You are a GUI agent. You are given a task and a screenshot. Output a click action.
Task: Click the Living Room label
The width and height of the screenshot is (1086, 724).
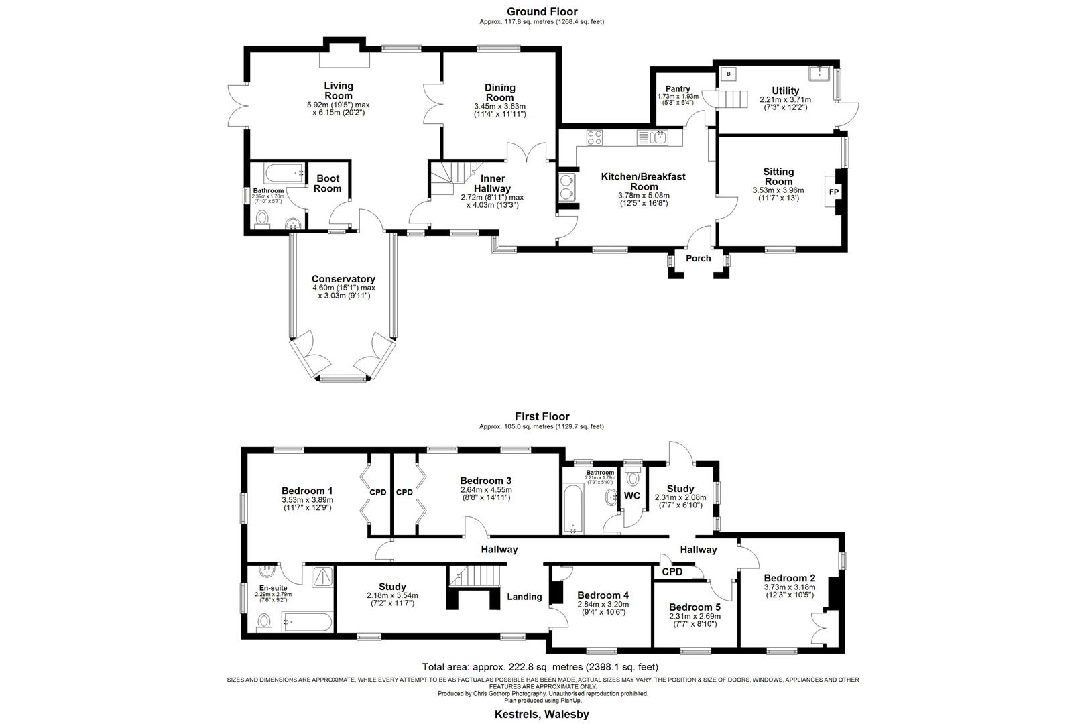[338, 90]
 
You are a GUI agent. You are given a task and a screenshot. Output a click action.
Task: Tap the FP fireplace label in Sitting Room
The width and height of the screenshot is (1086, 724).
[834, 192]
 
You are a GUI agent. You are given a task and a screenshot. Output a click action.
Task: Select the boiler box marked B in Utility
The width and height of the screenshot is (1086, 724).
[728, 74]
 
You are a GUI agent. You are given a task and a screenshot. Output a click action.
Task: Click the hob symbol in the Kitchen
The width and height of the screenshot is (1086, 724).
[595, 137]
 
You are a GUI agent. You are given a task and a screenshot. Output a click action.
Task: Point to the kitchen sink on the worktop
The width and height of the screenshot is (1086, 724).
[659, 137]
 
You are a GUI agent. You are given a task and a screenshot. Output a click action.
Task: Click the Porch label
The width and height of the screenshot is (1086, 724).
[698, 258]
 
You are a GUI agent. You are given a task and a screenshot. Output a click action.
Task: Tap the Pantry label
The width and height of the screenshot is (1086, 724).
[678, 88]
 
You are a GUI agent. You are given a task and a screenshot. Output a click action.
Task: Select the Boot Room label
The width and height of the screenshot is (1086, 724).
[328, 183]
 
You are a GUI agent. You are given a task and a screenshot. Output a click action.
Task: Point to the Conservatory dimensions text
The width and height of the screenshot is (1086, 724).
[343, 292]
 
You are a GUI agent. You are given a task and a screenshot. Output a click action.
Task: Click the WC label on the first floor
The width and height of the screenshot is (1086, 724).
[632, 496]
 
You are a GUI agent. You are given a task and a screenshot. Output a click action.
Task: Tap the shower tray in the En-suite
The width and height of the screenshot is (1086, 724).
[324, 576]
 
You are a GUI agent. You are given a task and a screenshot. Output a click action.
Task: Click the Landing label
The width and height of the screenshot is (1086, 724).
[524, 597]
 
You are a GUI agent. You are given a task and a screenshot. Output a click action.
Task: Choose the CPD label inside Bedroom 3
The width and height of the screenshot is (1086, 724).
[404, 492]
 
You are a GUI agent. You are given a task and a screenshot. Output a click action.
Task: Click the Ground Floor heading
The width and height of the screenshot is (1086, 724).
[542, 11]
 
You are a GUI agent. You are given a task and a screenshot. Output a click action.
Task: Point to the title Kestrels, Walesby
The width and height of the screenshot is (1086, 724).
[542, 714]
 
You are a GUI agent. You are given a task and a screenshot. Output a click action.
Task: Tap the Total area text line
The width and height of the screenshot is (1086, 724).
[540, 667]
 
